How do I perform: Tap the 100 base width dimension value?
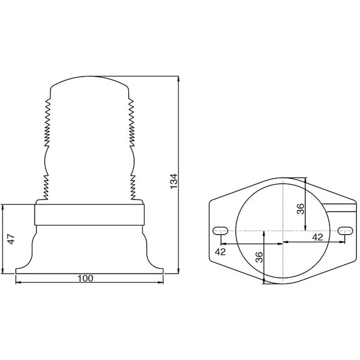tap(86, 278)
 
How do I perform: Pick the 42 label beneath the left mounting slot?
tap(221, 251)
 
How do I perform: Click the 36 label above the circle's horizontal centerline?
tap(300, 209)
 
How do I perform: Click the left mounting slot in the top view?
tap(220, 230)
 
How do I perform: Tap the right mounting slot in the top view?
tap(345, 230)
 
